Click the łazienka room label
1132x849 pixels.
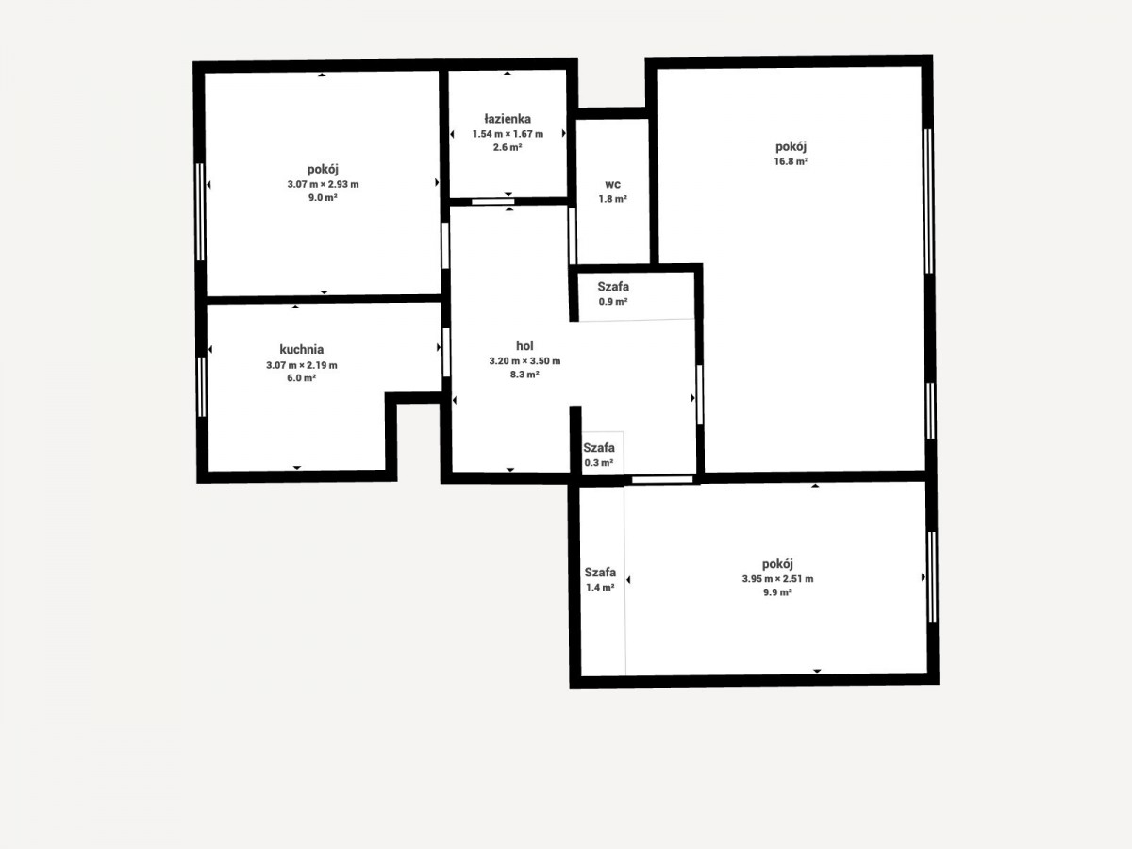click(x=508, y=119)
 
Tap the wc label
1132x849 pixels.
click(x=612, y=185)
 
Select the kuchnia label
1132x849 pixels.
click(x=302, y=349)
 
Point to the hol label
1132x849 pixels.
click(x=524, y=345)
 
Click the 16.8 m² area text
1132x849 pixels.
click(x=791, y=161)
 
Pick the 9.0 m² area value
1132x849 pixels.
click(x=323, y=197)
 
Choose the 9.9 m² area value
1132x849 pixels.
click(x=777, y=592)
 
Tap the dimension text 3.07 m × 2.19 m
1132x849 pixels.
click(x=302, y=365)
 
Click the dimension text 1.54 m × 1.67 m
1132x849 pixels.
click(x=508, y=134)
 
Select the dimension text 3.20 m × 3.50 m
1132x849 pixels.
click(x=524, y=361)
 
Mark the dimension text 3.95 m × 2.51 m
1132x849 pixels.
click(x=777, y=579)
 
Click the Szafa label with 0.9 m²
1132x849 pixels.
click(x=613, y=287)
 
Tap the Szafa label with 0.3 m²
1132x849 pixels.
click(x=599, y=447)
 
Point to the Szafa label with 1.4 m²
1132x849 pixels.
click(x=600, y=573)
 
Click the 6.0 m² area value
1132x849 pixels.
click(x=302, y=378)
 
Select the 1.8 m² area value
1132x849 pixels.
click(x=612, y=199)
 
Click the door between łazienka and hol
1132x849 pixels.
click(x=493, y=202)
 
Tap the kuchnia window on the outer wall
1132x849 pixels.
click(x=202, y=387)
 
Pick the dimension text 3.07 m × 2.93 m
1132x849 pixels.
click(x=323, y=184)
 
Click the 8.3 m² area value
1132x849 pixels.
click(x=524, y=375)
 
